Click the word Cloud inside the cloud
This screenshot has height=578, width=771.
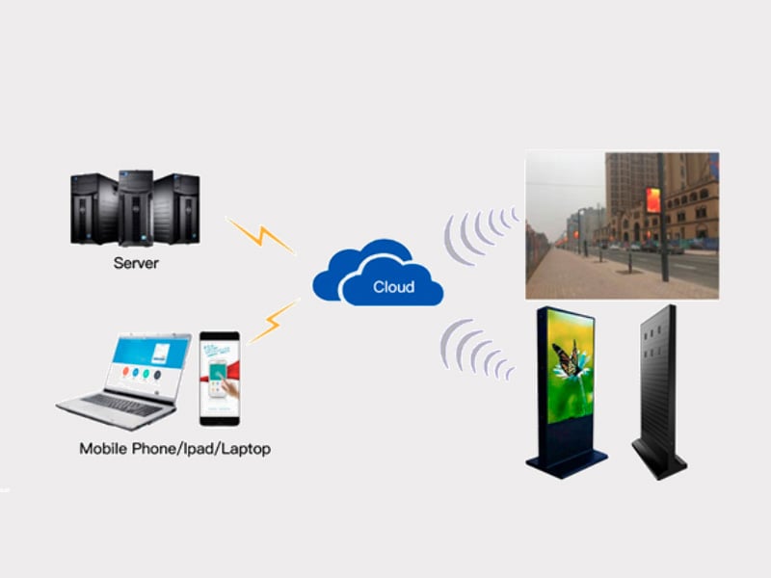coord(393,286)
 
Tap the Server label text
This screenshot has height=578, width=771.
coord(136,263)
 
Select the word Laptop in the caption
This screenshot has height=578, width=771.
coord(246,449)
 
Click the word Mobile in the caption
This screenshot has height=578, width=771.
coord(103,448)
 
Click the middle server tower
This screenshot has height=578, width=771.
coord(136,208)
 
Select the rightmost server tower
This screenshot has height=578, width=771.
coord(176,208)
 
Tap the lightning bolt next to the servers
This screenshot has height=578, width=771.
coord(260,236)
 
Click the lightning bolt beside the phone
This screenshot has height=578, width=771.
coord(274,321)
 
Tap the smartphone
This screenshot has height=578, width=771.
coord(220,379)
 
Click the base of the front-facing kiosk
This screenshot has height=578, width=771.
coord(567,462)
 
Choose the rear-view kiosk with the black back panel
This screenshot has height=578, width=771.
coord(659,392)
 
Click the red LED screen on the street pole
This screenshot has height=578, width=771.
coord(653,200)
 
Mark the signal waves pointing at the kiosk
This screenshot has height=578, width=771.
coord(475,349)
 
